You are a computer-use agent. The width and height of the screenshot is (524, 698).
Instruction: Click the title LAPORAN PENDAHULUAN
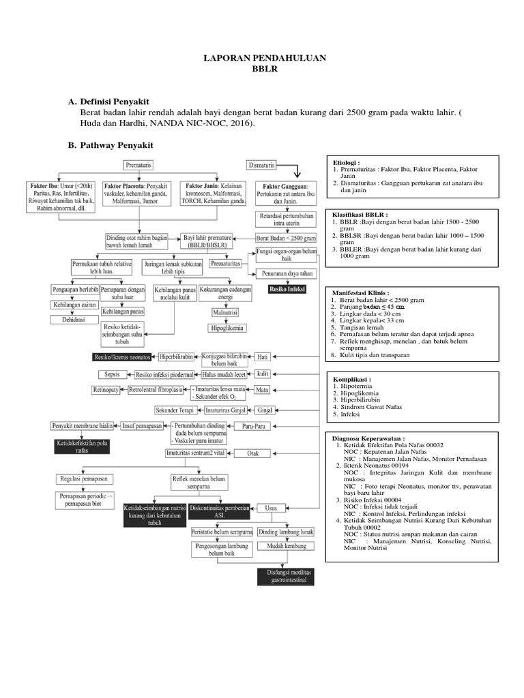pyautogui.click(x=262, y=59)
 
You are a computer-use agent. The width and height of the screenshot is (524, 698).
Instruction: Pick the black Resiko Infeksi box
pyautogui.click(x=287, y=288)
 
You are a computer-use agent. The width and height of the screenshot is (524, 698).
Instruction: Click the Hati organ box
pyautogui.click(x=262, y=356)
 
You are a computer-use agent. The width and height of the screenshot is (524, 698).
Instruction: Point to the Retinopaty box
pyautogui.click(x=107, y=391)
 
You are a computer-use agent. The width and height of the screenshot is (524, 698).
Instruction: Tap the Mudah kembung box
pyautogui.click(x=286, y=547)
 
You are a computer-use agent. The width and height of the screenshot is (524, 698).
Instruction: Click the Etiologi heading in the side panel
pyautogui.click(x=346, y=163)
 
